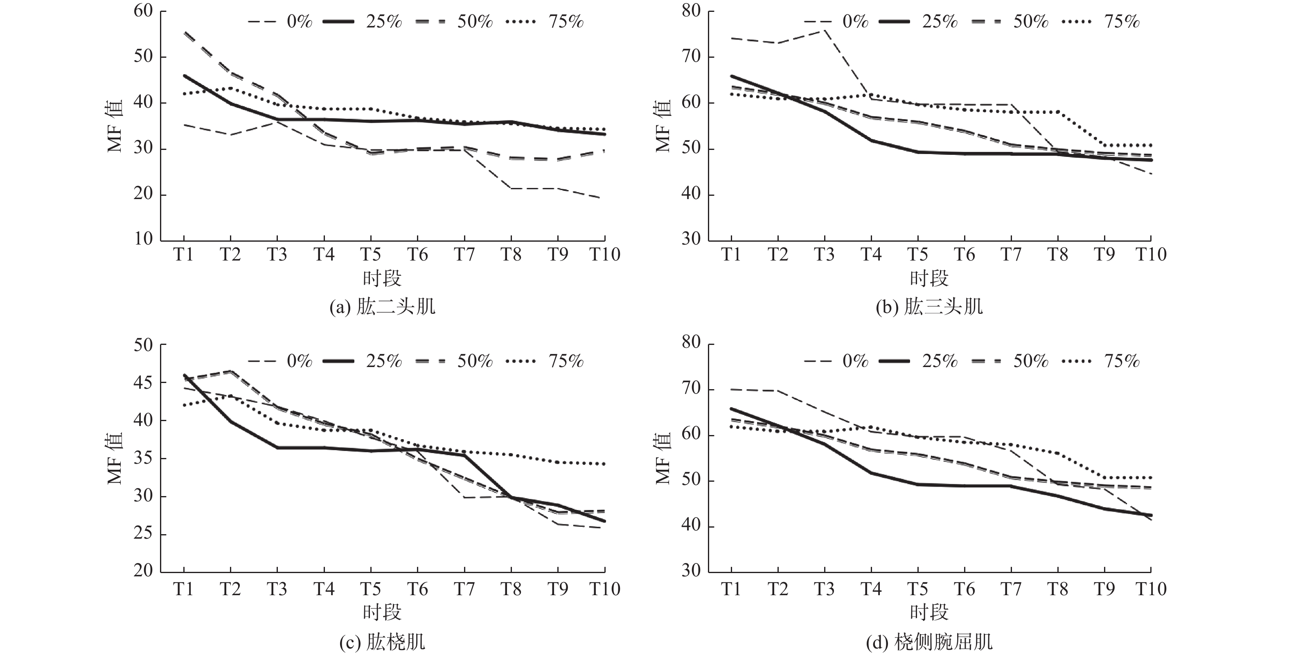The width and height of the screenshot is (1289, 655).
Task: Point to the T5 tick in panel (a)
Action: pyautogui.click(x=371, y=254)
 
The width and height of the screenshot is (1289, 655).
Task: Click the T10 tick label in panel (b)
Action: pyautogui.click(x=1150, y=254)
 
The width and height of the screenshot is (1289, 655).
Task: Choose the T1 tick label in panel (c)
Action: pyautogui.click(x=184, y=589)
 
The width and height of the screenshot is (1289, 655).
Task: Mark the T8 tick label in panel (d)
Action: pyautogui.click(x=1057, y=589)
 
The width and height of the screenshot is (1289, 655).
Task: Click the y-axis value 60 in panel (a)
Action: pyautogui.click(x=143, y=11)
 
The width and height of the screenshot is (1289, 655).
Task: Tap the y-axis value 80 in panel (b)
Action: pyautogui.click(x=691, y=11)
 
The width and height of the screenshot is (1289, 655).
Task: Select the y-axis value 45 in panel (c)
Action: pyautogui.click(x=143, y=383)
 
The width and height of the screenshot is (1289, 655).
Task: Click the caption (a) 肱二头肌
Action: pyautogui.click(x=382, y=306)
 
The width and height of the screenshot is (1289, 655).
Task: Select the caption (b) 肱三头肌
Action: pyautogui.click(x=929, y=306)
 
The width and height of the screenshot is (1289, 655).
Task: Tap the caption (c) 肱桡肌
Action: pyautogui.click(x=382, y=641)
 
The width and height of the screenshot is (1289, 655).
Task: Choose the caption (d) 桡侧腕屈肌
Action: pyautogui.click(x=929, y=641)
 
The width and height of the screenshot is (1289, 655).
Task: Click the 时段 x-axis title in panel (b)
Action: pyautogui.click(x=929, y=279)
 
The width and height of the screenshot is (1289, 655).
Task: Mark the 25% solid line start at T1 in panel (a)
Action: pyautogui.click(x=184, y=76)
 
